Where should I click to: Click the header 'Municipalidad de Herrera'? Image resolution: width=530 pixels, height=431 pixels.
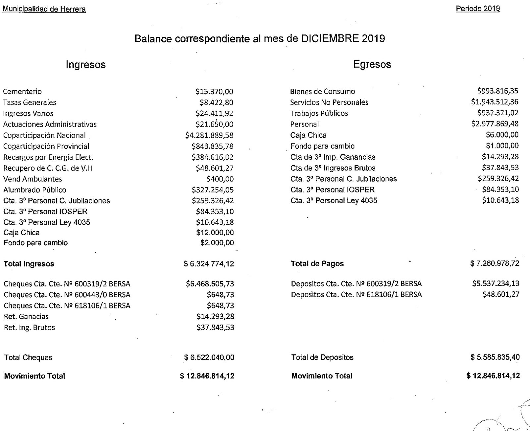click(44, 9)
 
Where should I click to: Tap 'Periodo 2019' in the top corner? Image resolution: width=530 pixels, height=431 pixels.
click(478, 9)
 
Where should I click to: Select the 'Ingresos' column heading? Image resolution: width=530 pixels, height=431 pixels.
click(85, 64)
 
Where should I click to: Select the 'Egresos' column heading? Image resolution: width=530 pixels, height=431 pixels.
click(372, 64)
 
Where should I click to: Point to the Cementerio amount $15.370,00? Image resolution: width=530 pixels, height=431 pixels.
click(214, 92)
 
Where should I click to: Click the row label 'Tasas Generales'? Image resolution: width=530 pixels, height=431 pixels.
click(29, 102)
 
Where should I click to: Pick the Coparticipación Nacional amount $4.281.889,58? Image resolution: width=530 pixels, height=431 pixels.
click(209, 135)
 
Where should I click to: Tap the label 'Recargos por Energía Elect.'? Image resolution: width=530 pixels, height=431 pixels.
click(48, 157)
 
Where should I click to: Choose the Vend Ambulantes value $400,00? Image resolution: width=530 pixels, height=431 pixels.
click(220, 179)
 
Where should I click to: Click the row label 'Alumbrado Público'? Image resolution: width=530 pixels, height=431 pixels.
click(35, 190)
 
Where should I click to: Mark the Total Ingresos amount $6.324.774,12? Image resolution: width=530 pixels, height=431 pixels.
click(209, 264)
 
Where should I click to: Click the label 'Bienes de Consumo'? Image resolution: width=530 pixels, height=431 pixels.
click(323, 91)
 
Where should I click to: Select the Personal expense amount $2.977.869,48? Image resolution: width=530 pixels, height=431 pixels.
click(495, 124)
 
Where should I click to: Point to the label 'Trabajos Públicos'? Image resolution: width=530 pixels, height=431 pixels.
click(319, 113)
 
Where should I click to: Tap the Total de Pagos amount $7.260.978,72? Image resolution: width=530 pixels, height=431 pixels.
click(495, 264)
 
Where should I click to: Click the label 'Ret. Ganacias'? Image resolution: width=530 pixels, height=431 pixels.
click(26, 317)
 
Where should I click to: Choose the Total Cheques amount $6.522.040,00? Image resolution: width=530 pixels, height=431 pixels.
click(209, 358)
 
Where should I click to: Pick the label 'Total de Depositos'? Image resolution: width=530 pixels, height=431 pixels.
click(322, 357)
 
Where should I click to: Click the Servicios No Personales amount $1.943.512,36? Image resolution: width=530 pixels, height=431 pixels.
click(495, 102)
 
